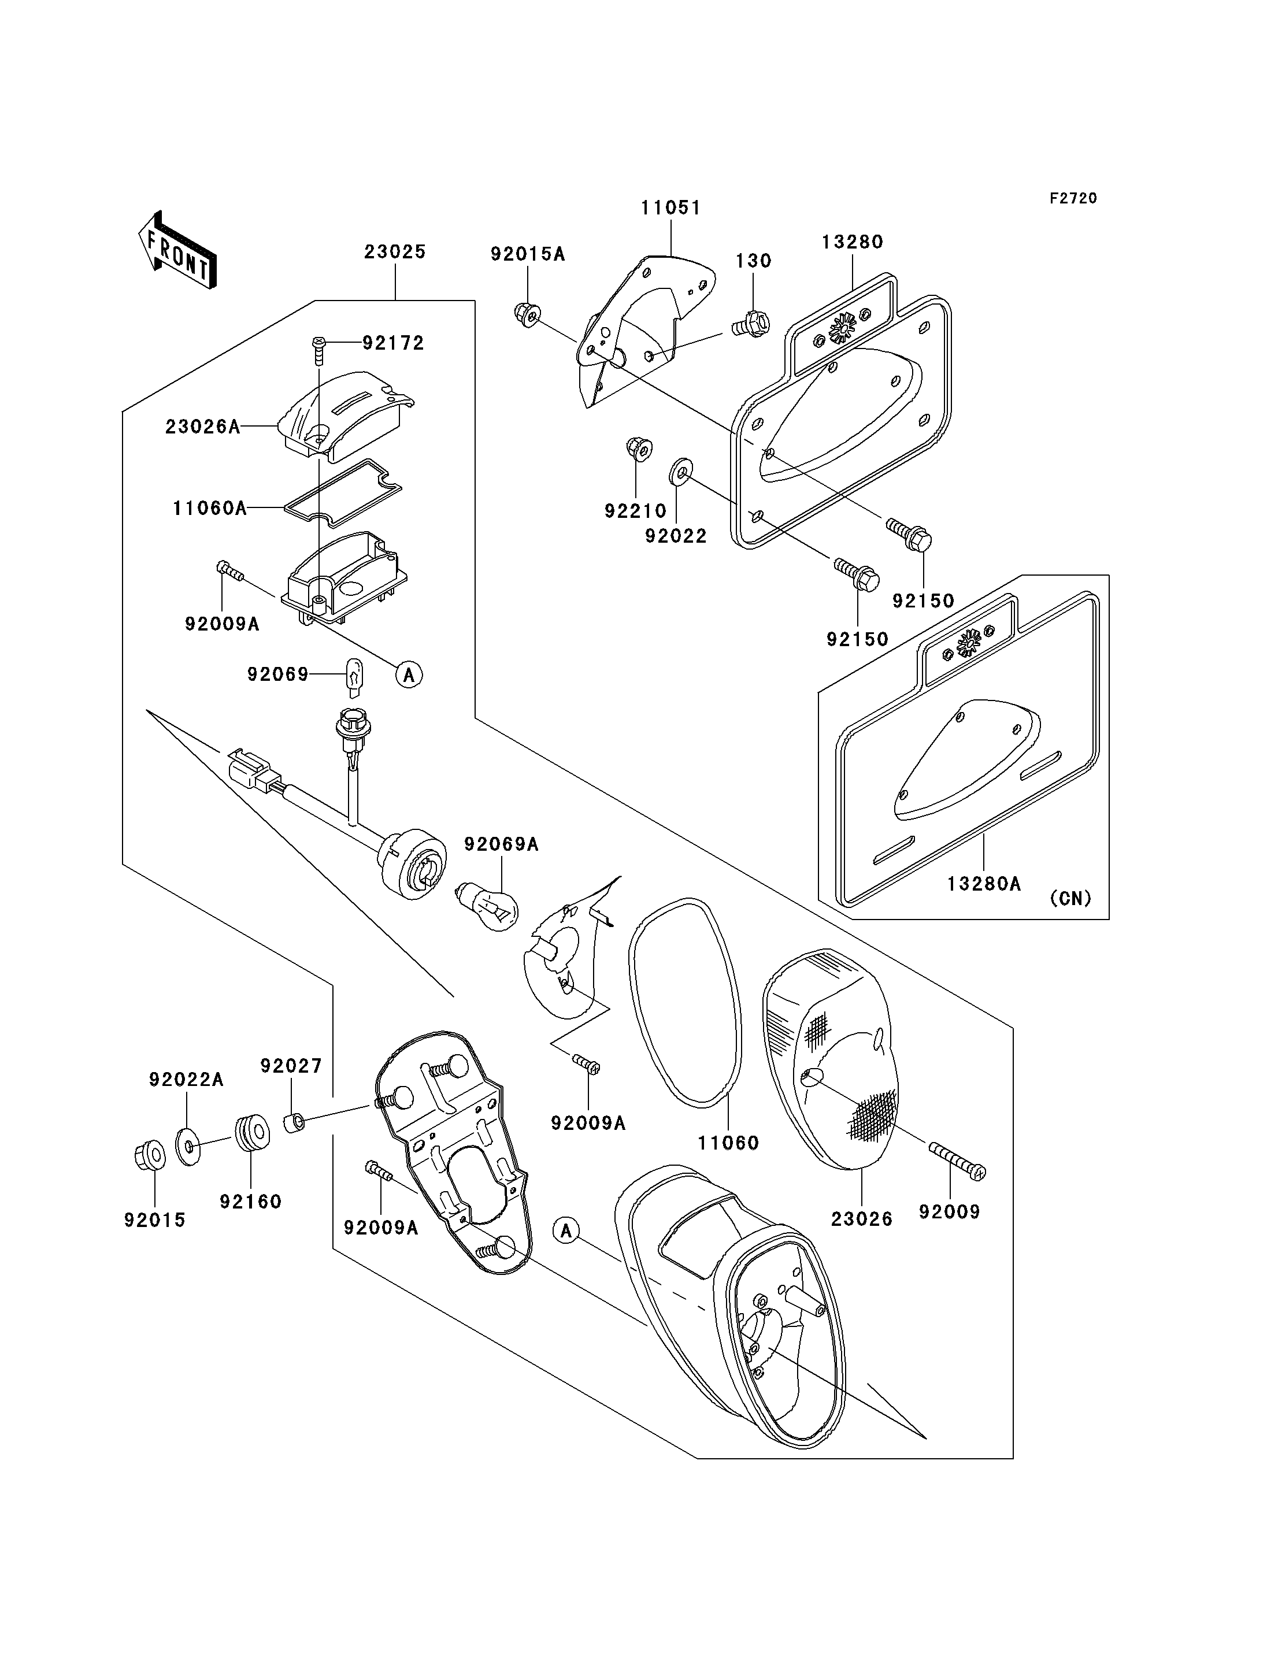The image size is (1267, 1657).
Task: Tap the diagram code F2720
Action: (x=1073, y=198)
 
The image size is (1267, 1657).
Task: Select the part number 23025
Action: (x=395, y=252)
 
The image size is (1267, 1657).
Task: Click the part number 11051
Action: (x=671, y=208)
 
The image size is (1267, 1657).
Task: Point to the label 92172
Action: (x=394, y=343)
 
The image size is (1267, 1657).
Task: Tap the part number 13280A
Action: (x=984, y=883)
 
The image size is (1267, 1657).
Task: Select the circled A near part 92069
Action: (x=409, y=674)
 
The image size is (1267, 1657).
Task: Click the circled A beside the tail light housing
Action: (x=566, y=1231)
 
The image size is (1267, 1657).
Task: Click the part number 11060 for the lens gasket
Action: (x=728, y=1143)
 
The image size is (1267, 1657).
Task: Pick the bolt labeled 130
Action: (x=751, y=324)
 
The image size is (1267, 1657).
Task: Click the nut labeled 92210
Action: (x=639, y=450)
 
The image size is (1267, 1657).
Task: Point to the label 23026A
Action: (x=203, y=427)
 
